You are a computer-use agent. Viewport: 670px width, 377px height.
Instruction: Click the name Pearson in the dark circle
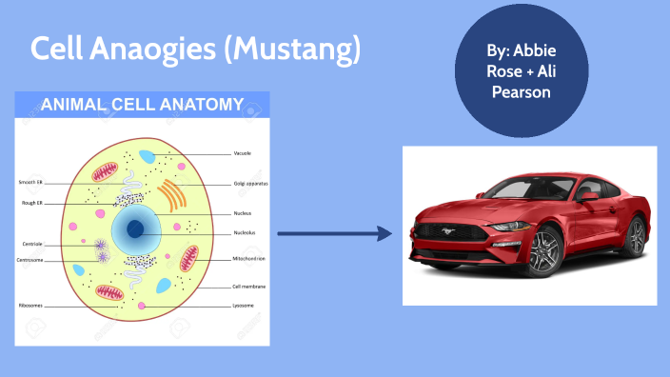(518, 92)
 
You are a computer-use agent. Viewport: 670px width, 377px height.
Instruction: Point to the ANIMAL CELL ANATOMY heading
(142, 104)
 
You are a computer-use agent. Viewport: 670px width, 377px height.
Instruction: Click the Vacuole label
(242, 152)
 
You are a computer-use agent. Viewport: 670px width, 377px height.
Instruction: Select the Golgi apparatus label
(250, 183)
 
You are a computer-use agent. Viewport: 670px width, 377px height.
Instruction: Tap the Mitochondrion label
(249, 258)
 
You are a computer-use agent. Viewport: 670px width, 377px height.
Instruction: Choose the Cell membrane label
(249, 286)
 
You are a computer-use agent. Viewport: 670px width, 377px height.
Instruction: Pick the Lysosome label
(244, 306)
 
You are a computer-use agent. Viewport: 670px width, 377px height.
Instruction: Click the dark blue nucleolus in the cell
(136, 228)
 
